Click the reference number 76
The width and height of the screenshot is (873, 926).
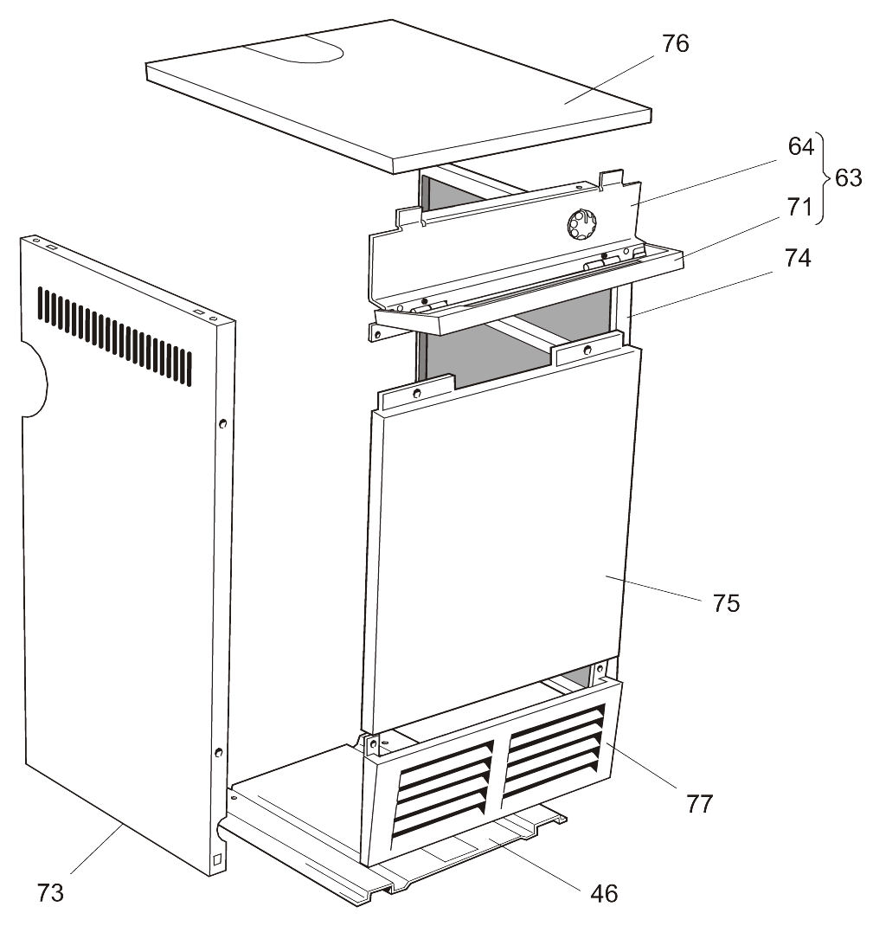[675, 44]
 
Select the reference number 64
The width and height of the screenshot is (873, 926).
[800, 146]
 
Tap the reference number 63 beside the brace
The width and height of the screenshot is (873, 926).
[848, 178]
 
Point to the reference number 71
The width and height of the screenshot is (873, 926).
[800, 208]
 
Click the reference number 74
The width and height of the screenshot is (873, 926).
[797, 257]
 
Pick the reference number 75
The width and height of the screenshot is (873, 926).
[726, 602]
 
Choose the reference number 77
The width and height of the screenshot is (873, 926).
[699, 804]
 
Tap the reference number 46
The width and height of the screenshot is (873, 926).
[604, 892]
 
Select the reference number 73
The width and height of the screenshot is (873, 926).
[50, 892]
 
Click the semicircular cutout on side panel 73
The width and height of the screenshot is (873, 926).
[35, 377]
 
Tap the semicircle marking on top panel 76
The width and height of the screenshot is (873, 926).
[294, 53]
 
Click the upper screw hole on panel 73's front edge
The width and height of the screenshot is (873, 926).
[223, 424]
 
